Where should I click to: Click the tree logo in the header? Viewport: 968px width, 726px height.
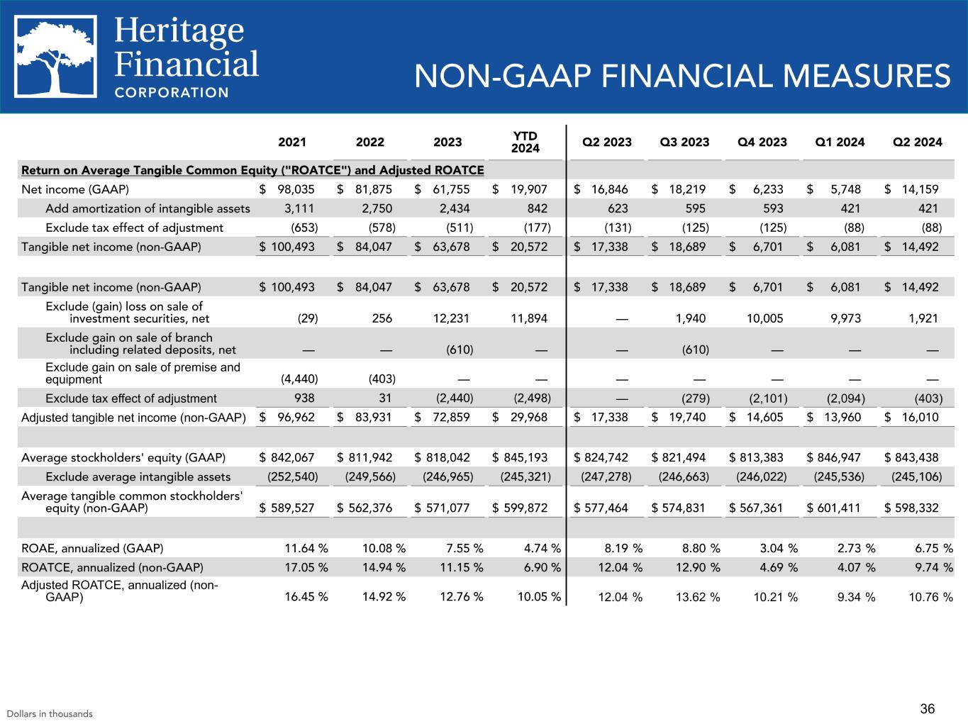[x=57, y=57]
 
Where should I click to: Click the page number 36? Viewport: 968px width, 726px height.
[x=928, y=708]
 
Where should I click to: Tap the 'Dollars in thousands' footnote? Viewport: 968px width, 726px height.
[x=50, y=714]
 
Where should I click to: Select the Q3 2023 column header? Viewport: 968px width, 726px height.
[x=684, y=142]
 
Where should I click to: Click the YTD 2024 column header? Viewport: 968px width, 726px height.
[x=525, y=142]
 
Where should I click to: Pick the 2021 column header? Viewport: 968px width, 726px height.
[x=292, y=142]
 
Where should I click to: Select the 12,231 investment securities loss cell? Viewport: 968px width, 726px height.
[x=454, y=318]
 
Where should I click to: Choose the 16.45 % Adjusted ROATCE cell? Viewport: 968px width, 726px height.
[x=306, y=597]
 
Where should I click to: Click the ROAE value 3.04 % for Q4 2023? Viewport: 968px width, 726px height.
[x=775, y=548]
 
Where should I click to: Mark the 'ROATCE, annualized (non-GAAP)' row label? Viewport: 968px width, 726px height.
[x=112, y=567]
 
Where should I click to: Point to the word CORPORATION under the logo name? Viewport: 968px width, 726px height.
[x=172, y=92]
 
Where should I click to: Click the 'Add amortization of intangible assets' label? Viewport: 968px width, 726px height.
[x=148, y=208]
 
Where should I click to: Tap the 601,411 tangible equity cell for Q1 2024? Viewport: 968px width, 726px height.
[x=840, y=508]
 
